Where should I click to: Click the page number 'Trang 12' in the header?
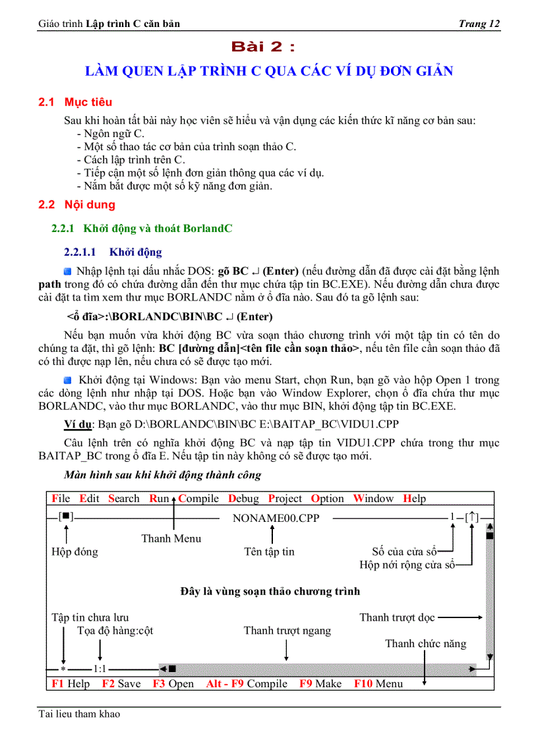click(479, 24)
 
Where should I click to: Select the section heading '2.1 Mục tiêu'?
click(75, 102)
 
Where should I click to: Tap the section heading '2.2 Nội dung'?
click(76, 204)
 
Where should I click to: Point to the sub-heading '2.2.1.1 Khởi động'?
click(113, 252)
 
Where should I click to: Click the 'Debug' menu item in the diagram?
click(243, 499)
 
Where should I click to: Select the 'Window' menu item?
click(373, 499)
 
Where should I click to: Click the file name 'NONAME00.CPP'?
click(276, 518)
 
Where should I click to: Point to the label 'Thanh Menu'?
click(171, 538)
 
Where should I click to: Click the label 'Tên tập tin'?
click(269, 552)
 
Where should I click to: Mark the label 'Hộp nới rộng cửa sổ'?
click(407, 565)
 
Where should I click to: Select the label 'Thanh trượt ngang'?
click(287, 631)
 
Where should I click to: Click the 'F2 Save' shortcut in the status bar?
click(121, 683)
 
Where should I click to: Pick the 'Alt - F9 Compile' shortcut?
click(247, 683)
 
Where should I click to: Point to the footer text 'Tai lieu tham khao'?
click(79, 714)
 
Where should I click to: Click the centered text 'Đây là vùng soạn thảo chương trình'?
click(270, 591)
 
